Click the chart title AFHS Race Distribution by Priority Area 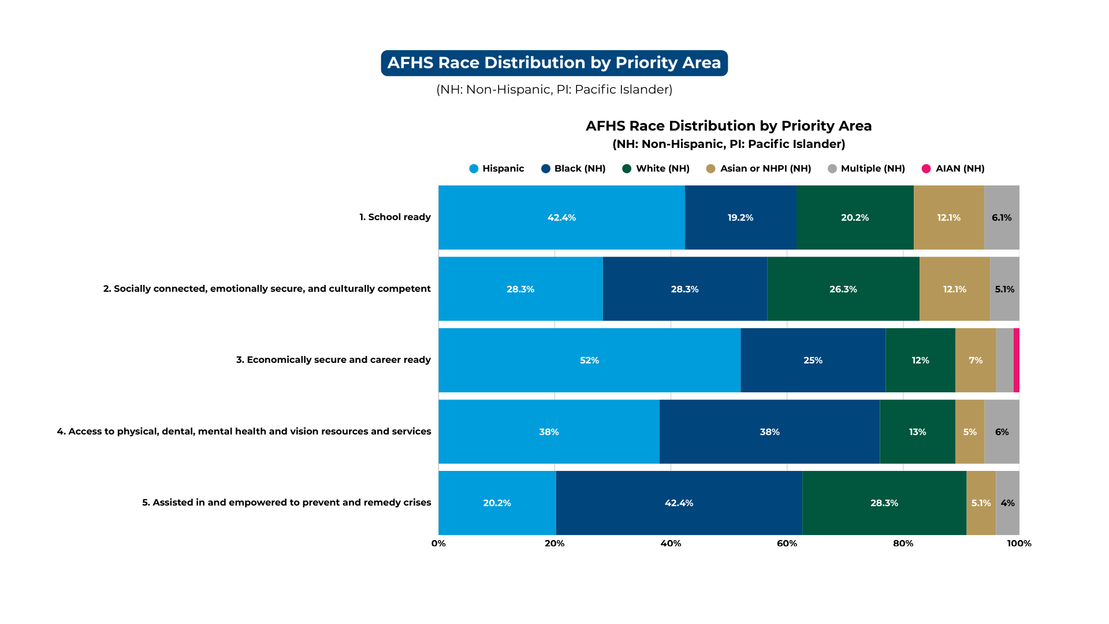554,63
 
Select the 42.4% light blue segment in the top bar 561,217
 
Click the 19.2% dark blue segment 740,217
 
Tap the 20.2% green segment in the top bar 855,217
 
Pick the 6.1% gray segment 1002,217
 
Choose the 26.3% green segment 843,289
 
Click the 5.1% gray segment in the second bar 1004,289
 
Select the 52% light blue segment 589,360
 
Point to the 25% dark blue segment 813,360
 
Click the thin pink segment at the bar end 1017,360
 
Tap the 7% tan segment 976,360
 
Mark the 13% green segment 917,432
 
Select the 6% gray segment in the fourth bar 1002,432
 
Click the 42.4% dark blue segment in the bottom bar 679,503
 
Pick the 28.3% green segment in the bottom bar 884,503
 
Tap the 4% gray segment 1007,503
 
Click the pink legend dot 926,169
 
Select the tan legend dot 710,169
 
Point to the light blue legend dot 474,169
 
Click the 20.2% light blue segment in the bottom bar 497,503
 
